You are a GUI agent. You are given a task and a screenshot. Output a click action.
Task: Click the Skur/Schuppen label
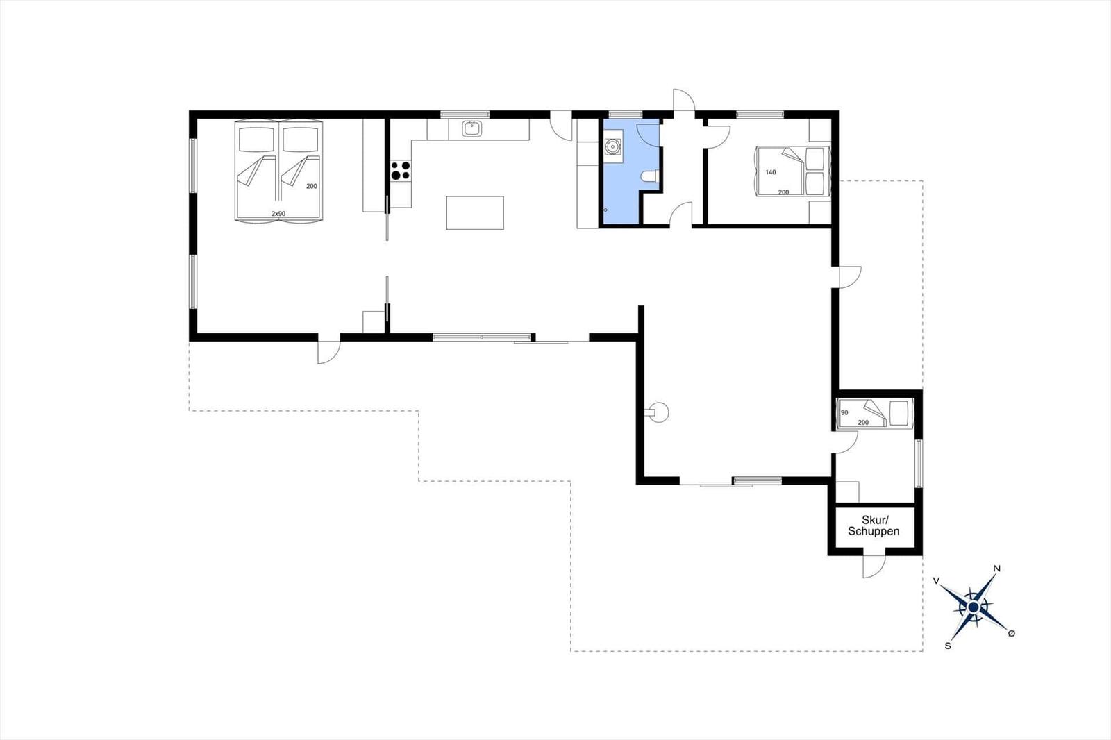click(874, 525)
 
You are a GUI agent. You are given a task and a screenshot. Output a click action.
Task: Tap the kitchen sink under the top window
click(471, 128)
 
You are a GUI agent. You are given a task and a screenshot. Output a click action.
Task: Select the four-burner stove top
click(400, 170)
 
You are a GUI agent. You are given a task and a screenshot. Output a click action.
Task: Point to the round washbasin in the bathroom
click(613, 146)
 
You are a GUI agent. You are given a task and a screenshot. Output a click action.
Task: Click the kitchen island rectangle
click(475, 213)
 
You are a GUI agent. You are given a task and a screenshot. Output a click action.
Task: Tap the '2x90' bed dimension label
click(278, 214)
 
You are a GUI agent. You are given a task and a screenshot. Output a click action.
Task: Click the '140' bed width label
click(770, 172)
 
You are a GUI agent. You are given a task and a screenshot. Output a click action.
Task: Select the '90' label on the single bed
click(844, 412)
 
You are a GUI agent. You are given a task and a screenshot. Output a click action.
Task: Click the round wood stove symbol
click(660, 412)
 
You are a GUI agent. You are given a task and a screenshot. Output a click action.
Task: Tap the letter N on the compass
click(996, 569)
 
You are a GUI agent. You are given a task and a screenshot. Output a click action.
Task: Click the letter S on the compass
click(948, 646)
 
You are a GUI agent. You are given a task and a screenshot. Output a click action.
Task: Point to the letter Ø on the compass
click(1012, 633)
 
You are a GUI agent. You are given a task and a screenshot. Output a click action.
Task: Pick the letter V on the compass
click(937, 580)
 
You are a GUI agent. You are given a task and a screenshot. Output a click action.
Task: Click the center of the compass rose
click(973, 607)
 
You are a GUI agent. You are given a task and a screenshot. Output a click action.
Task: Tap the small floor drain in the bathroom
click(605, 210)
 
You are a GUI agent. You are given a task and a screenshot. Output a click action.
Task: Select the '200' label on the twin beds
click(312, 187)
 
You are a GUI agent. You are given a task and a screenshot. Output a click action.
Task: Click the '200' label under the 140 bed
click(783, 192)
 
